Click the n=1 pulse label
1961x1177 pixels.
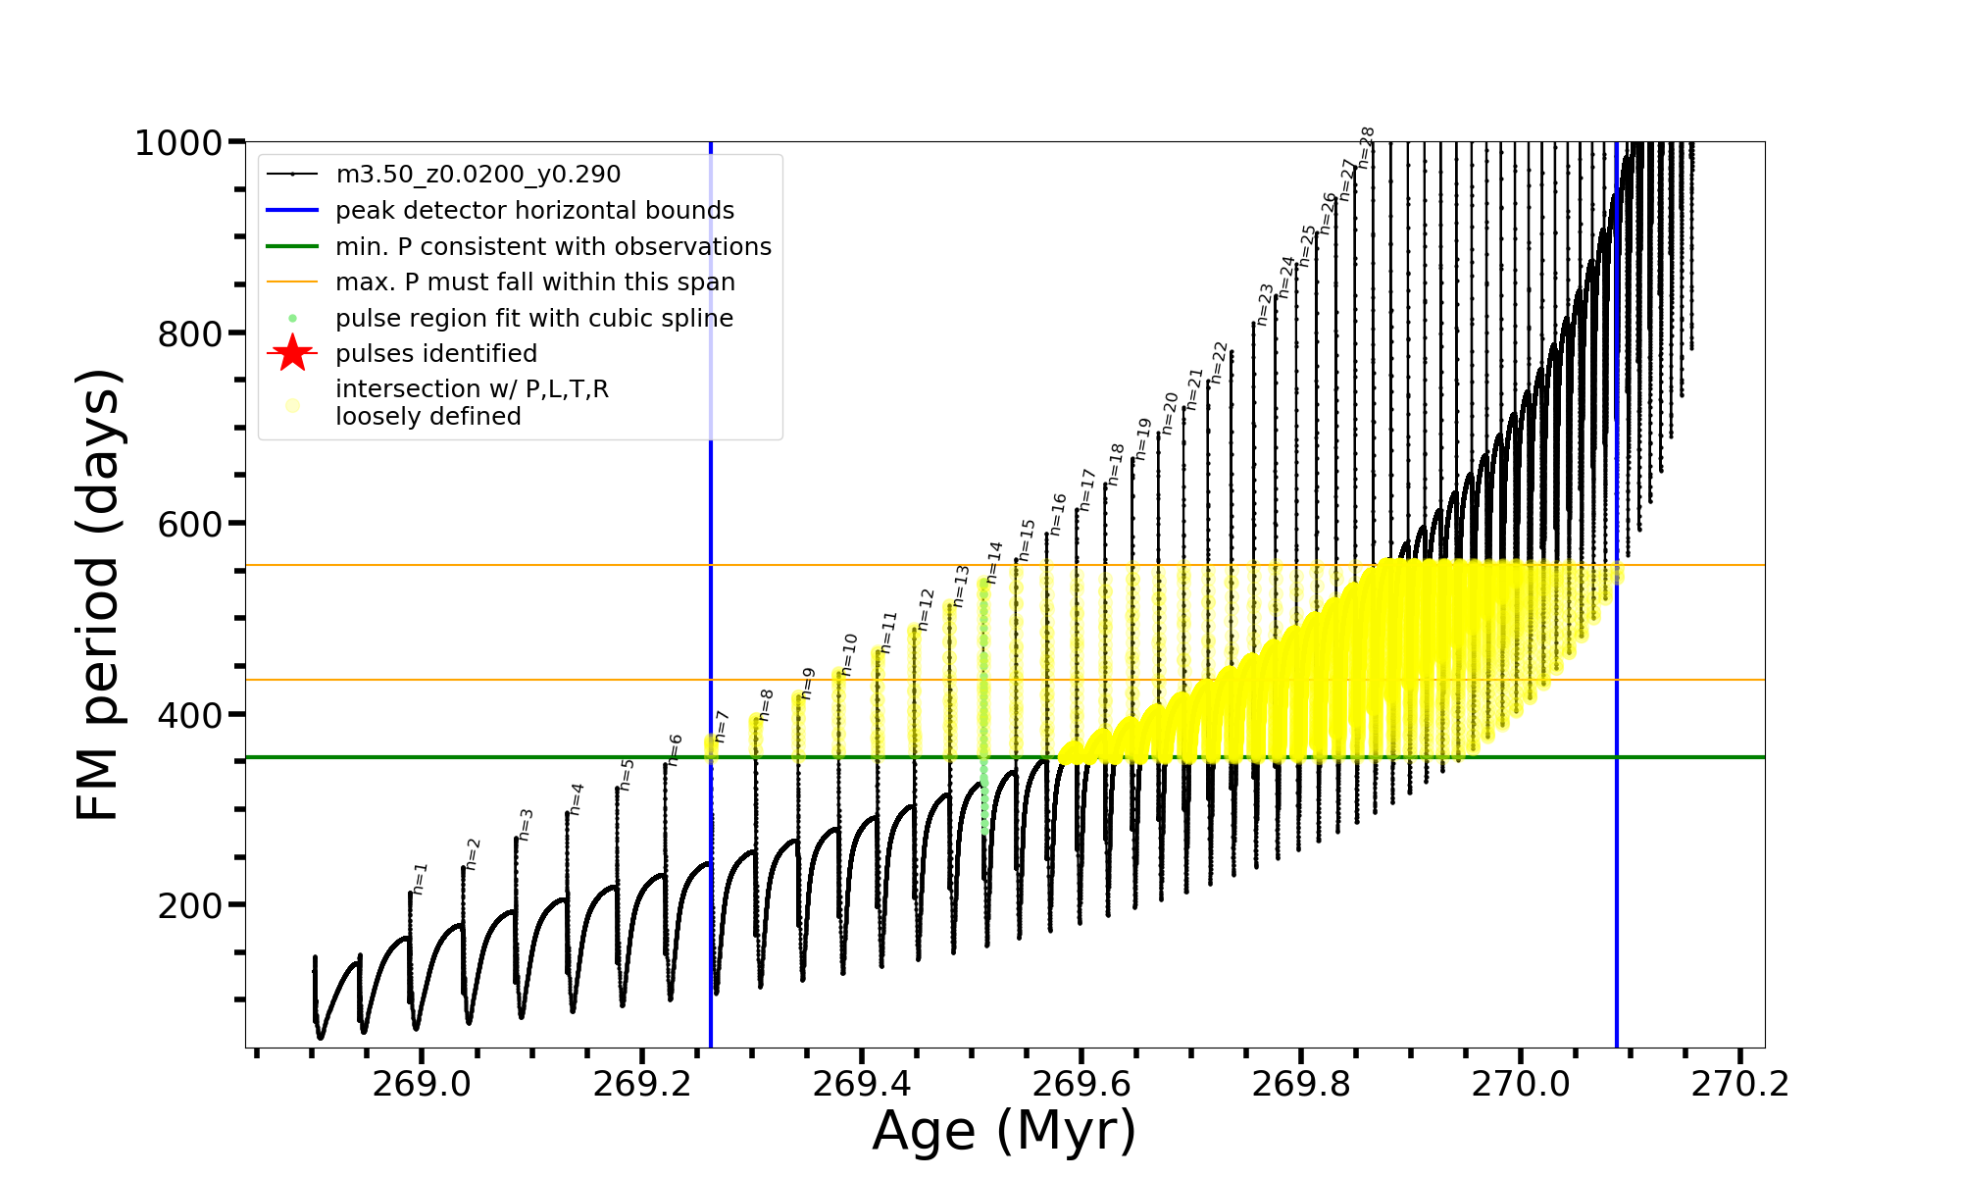coord(420,879)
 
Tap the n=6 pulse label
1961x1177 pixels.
coord(675,750)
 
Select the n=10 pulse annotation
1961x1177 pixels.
coord(849,655)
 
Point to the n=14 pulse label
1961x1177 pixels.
coord(994,563)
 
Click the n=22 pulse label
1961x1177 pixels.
coord(1219,363)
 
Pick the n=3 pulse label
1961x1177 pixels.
coord(526,825)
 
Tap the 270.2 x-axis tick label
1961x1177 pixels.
coord(1740,1084)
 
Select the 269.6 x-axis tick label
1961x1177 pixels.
coord(1081,1084)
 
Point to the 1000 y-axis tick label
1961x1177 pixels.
coord(178,143)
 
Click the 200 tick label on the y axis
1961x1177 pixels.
coord(190,905)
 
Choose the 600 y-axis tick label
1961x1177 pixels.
coord(190,524)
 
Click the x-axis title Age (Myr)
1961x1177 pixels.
coord(1004,1131)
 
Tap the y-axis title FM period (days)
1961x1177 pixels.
coord(99,594)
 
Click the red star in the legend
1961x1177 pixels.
coord(292,353)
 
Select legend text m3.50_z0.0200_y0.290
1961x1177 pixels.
coord(478,175)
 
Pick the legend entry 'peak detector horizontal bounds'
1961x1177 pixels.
coord(534,211)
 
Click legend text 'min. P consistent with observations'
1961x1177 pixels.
coord(553,246)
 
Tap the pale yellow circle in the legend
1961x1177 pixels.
coord(292,404)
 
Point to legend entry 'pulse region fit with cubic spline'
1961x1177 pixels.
coord(533,318)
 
